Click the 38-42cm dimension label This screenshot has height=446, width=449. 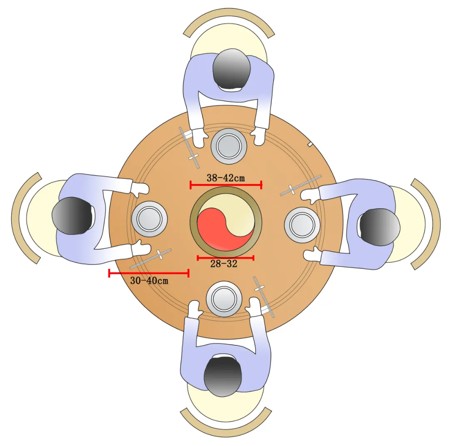click(226, 178)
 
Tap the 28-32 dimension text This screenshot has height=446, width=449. click(224, 264)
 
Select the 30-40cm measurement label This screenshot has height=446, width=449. click(149, 281)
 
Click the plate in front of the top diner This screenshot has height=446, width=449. click(229, 146)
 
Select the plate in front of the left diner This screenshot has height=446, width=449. click(149, 219)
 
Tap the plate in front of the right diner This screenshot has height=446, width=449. click(302, 225)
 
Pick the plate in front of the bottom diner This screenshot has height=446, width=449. click(224, 299)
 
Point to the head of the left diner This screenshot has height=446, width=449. click(72, 216)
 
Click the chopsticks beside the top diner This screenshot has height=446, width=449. click(189, 148)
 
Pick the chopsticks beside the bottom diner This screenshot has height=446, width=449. click(264, 297)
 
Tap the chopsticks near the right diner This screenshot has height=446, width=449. click(301, 185)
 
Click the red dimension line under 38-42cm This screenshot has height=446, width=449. click(226, 185)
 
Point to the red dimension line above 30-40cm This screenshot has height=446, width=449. click(149, 273)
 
